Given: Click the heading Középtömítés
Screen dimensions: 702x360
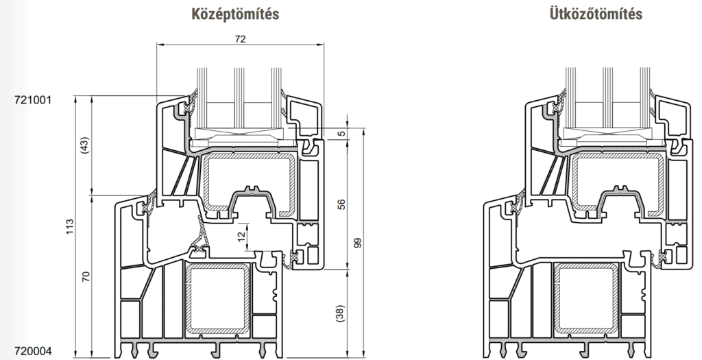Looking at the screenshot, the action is coord(235,14).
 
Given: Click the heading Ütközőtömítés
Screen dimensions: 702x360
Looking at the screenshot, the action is coord(596,14).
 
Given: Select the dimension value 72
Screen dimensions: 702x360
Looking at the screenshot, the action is coord(241,39).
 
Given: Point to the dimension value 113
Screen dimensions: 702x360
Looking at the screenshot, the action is coord(70,228).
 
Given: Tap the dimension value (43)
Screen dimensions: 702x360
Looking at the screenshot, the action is coord(86,145).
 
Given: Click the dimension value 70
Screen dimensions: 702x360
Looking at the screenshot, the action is coord(86,276).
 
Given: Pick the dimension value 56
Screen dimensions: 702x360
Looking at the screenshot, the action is coord(341,204).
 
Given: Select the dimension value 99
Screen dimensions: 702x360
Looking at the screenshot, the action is coord(358,243).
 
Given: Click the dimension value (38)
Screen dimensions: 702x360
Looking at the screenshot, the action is coord(341,313).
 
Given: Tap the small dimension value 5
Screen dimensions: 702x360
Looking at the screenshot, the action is coord(342,134).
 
